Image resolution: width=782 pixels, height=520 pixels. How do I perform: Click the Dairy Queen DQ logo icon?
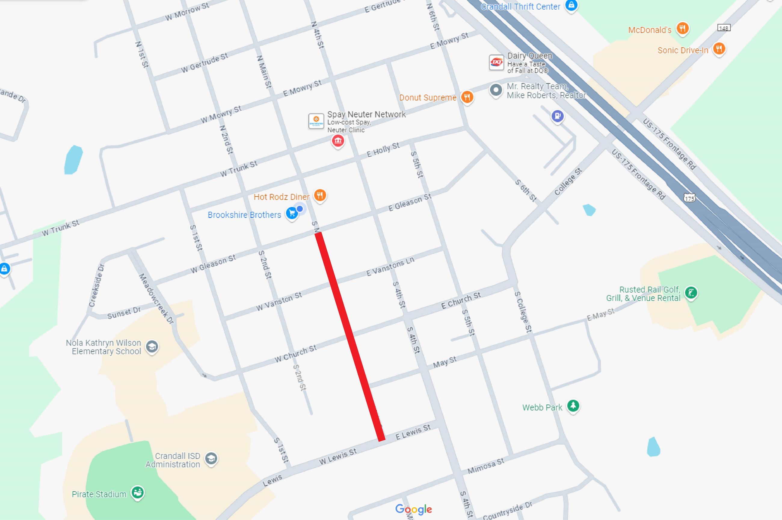(496, 62)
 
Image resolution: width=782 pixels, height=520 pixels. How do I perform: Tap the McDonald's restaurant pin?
(682, 29)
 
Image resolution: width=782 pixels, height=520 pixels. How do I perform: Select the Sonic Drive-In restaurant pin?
(719, 49)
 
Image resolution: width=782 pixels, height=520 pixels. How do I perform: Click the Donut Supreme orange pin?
(467, 97)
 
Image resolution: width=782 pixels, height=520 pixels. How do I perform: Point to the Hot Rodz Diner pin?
(320, 195)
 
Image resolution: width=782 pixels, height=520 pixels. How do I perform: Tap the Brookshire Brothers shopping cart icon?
(292, 214)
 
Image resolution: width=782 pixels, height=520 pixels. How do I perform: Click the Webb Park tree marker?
(573, 406)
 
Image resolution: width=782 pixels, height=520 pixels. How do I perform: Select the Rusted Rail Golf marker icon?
(691, 293)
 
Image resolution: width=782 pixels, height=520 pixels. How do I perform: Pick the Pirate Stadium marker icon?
(137, 492)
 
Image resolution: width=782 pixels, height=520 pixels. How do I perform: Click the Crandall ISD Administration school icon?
(211, 459)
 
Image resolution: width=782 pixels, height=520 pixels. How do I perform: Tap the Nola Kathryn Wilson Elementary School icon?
(152, 347)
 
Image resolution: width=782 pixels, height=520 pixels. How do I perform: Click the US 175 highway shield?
(689, 198)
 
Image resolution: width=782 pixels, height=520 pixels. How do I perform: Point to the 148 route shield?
(723, 28)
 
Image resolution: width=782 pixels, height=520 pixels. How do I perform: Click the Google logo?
(413, 509)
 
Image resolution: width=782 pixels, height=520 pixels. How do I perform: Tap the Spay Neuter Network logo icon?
(316, 121)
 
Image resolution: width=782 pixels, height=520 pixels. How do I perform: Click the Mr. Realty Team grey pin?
(496, 90)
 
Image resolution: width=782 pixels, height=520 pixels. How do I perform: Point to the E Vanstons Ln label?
(390, 266)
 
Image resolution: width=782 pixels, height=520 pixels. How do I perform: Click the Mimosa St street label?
(485, 466)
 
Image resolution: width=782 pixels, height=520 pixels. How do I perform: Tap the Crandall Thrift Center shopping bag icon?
(571, 6)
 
